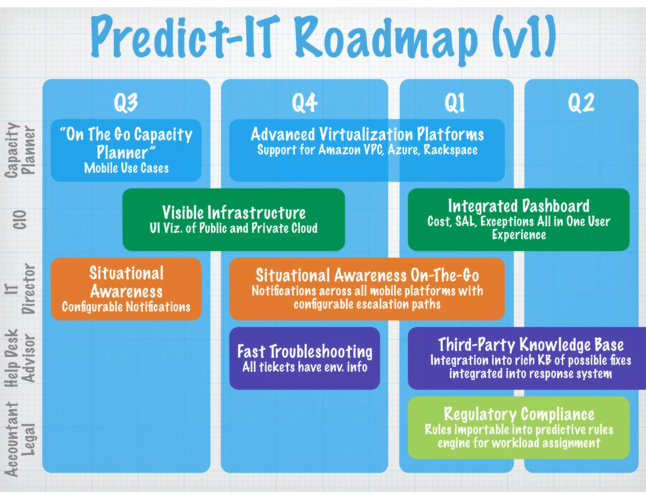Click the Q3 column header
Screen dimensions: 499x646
coord(126,103)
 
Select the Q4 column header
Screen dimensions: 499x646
coord(304,103)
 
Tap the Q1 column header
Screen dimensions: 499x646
coord(455,103)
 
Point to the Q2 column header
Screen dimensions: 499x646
coord(581,103)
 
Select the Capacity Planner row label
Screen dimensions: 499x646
coord(20,150)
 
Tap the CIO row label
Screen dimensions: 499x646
coord(20,220)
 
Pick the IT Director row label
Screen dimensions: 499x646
coord(20,289)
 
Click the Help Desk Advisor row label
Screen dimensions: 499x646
coord(20,358)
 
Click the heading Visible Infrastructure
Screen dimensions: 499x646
coord(234,213)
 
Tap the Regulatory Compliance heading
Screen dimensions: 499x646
coord(519,414)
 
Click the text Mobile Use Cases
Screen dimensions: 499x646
coord(126,168)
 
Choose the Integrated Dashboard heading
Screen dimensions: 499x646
coord(519,206)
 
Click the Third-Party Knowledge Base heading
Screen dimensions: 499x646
coord(531,344)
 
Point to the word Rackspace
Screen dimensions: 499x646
coord(450,150)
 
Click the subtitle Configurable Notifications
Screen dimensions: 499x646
coord(126,307)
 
